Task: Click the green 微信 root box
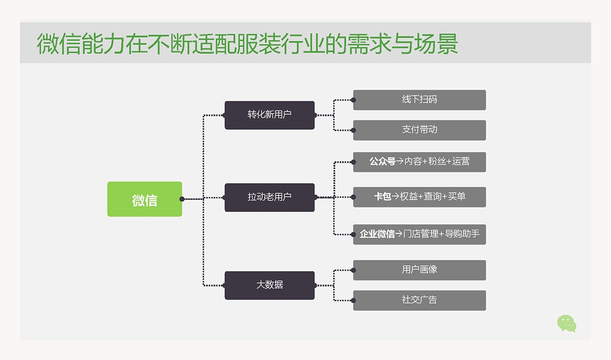[144, 199]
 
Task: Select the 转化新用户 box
[269, 115]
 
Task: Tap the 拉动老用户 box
[269, 197]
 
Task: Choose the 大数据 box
[269, 285]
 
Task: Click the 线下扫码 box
[420, 99]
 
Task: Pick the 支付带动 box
[420, 130]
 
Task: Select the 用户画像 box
[420, 270]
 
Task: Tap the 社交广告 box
[420, 300]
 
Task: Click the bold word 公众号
[382, 162]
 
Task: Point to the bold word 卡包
[382, 197]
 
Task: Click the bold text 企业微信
[377, 234]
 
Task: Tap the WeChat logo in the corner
[567, 323]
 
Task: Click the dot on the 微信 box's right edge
[182, 199]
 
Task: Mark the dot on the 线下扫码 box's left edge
[354, 99]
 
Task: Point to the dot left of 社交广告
[354, 300]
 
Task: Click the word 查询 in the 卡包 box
[432, 197]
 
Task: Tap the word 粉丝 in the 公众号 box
[437, 162]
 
